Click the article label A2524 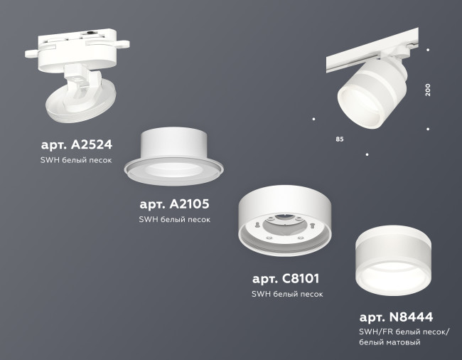[x=76, y=145]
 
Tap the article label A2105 [x=174, y=204]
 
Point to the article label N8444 [x=396, y=317]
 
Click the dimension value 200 [x=428, y=90]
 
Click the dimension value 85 [x=339, y=138]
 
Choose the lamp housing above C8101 [x=284, y=213]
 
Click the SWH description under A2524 [x=76, y=162]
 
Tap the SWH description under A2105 [x=174, y=220]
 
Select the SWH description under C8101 [x=286, y=294]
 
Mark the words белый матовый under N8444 [x=390, y=344]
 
